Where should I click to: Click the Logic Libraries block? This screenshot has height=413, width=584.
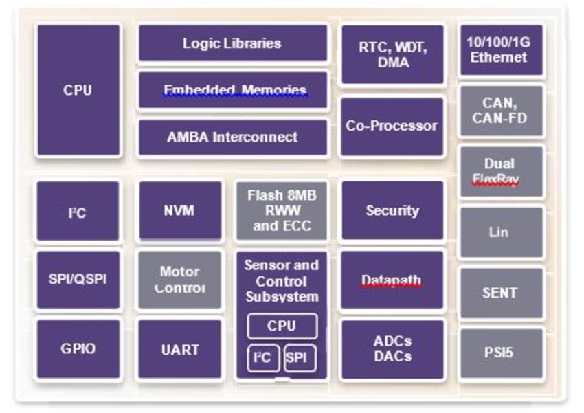click(233, 43)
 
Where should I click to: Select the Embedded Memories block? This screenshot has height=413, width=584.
click(233, 90)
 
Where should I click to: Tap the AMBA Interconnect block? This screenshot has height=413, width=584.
click(233, 137)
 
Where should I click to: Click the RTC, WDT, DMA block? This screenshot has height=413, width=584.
click(392, 54)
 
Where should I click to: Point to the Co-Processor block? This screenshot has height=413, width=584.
click(392, 126)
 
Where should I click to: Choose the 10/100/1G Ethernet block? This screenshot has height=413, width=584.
click(501, 50)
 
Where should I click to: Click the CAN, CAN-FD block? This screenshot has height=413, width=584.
click(501, 111)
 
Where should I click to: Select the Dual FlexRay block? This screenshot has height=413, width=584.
click(501, 171)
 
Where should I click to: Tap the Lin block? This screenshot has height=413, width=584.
click(501, 232)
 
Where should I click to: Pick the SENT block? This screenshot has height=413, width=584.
click(501, 293)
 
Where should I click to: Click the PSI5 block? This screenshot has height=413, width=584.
click(501, 354)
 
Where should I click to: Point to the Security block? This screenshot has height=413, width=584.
click(392, 210)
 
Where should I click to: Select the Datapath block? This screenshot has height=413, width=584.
click(392, 280)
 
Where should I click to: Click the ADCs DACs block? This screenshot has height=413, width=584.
click(392, 348)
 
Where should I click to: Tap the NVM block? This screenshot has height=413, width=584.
click(180, 210)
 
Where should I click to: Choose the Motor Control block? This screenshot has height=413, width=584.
click(180, 280)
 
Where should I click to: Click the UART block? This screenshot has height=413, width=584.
click(180, 348)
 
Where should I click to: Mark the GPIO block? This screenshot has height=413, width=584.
click(78, 348)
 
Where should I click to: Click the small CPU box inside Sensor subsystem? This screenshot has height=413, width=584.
click(282, 326)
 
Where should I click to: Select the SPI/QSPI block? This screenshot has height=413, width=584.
click(78, 280)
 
